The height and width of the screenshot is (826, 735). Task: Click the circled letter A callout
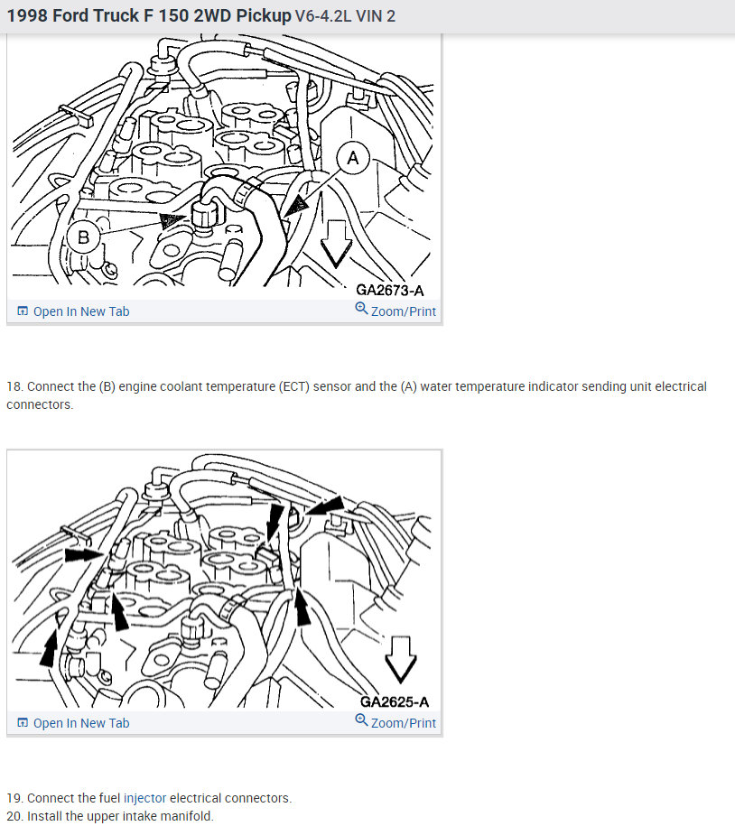(353, 157)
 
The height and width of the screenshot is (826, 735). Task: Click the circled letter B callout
(83, 237)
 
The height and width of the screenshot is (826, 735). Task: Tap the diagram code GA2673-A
(390, 291)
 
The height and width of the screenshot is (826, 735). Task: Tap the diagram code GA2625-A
(395, 701)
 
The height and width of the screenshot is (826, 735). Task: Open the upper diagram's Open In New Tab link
(81, 311)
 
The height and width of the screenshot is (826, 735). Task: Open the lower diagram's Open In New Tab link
(81, 723)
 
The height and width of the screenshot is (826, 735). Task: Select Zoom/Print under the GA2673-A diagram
(404, 311)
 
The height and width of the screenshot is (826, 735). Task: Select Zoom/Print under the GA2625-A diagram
(404, 723)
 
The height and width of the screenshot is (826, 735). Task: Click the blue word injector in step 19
(144, 798)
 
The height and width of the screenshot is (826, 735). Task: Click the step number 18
(14, 386)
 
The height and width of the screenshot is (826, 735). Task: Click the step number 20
(14, 816)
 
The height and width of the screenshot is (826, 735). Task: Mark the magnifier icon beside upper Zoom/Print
(361, 308)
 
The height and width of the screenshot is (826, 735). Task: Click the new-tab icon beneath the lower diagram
(23, 722)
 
